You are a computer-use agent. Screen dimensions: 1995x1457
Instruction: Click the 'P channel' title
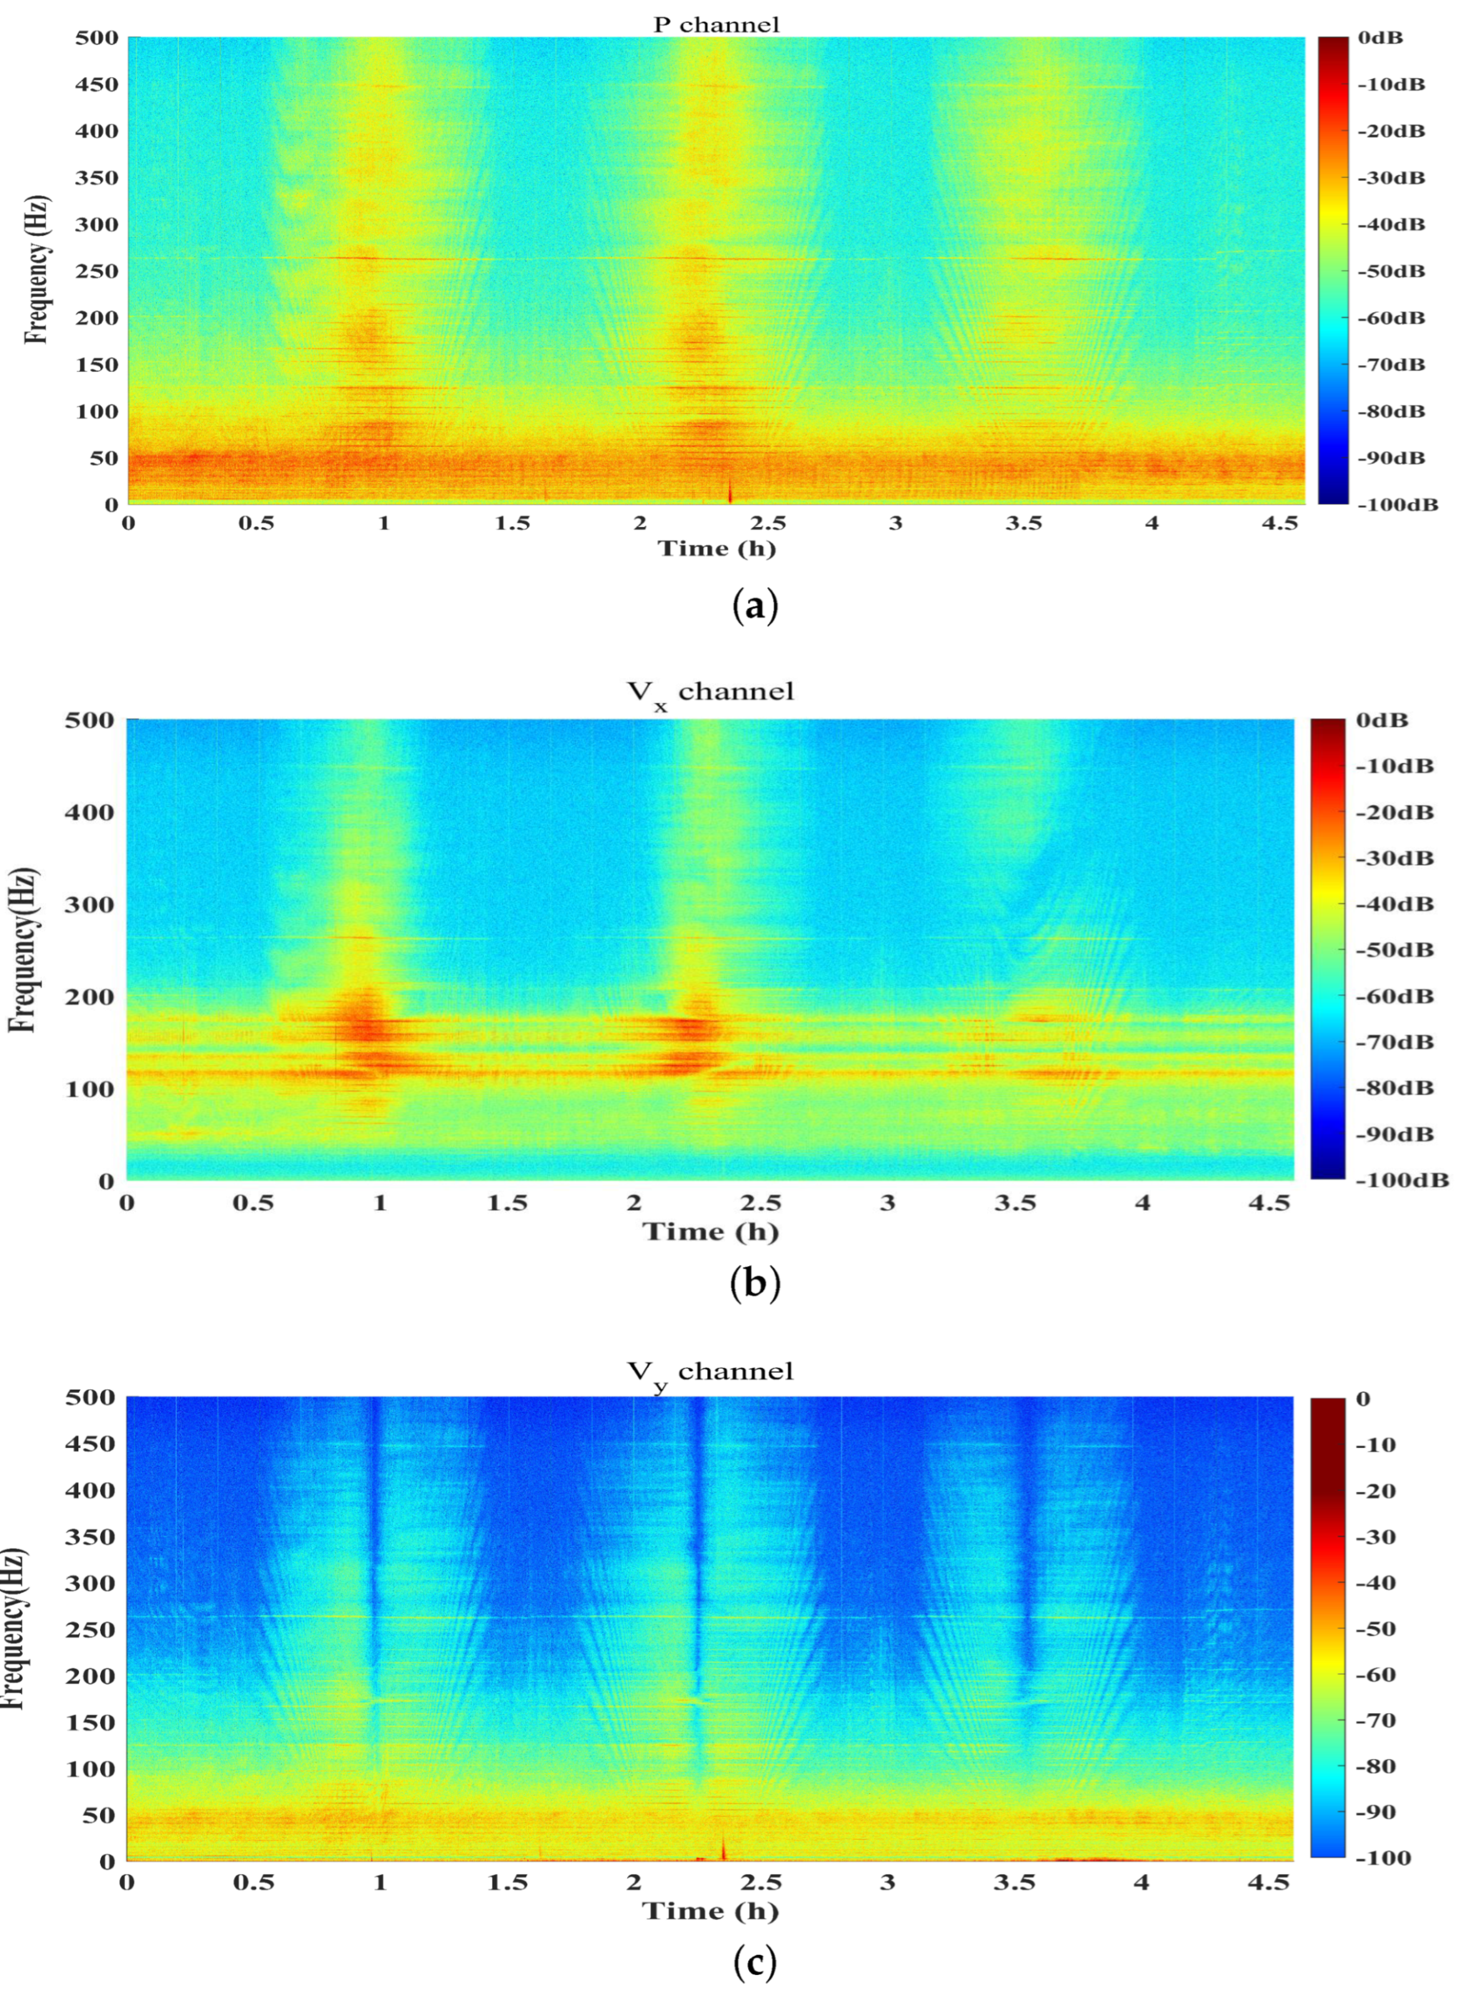tap(716, 25)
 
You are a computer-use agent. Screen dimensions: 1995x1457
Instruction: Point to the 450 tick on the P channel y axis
tap(96, 84)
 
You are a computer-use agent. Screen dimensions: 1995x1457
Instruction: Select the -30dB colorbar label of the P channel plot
tap(1391, 178)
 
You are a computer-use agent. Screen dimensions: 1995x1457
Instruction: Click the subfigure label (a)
tap(755, 608)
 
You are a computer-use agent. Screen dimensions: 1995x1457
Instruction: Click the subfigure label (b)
tap(755, 1283)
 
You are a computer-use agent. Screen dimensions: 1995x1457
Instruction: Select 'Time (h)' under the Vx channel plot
tap(710, 1232)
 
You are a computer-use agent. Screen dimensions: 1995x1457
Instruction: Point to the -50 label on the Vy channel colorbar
tap(1376, 1629)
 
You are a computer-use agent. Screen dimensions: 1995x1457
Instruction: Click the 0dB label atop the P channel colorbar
tap(1380, 38)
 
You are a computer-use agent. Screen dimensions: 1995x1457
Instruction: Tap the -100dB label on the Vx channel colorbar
tap(1402, 1180)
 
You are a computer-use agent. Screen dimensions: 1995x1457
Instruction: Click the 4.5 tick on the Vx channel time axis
tap(1269, 1203)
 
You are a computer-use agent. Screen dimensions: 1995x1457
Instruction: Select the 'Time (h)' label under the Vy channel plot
tap(710, 1911)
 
